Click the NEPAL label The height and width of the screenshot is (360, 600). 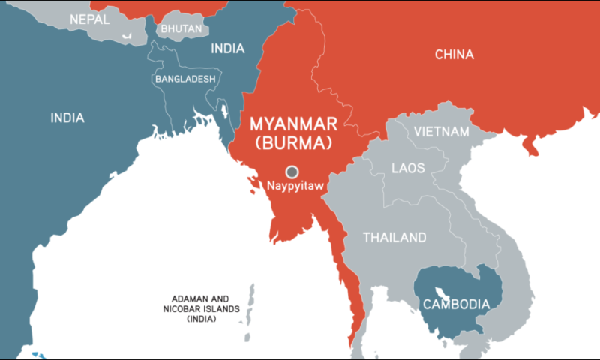[x=89, y=19]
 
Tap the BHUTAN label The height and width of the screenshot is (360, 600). [x=181, y=28]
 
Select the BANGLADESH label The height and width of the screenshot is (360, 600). [x=185, y=78]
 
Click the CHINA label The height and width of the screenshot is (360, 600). [x=454, y=54]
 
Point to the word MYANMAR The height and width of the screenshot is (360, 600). [x=293, y=123]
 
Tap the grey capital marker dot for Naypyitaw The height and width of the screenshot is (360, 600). [x=292, y=171]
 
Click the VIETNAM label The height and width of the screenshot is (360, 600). [x=442, y=131]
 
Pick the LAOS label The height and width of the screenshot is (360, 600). [x=408, y=168]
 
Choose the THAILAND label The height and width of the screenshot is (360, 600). [x=394, y=238]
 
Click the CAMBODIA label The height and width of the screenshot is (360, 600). [x=456, y=304]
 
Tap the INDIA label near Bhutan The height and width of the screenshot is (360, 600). [x=227, y=49]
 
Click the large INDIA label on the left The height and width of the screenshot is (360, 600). [x=67, y=118]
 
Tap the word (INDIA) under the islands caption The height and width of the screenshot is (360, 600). [x=202, y=319]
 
